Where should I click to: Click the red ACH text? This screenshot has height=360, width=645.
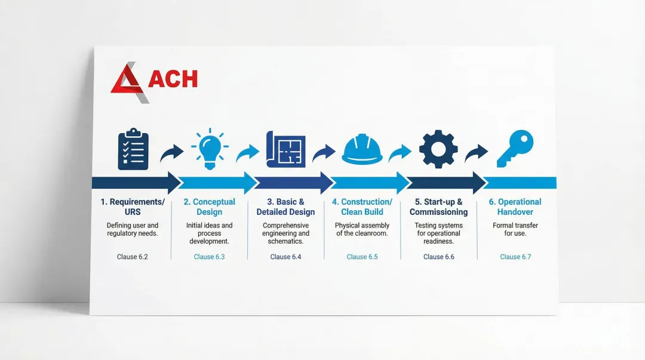tap(173, 79)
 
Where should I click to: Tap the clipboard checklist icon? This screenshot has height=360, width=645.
tap(133, 149)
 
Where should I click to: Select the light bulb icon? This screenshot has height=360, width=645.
tap(210, 149)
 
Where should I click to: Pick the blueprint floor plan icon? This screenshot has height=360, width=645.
tap(286, 149)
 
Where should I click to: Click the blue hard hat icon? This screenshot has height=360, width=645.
tap(362, 149)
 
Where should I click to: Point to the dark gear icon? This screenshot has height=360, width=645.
tap(438, 149)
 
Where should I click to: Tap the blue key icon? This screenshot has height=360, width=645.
tap(515, 149)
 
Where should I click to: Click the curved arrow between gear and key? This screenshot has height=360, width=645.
tap(476, 153)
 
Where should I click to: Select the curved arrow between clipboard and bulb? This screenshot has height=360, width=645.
tap(171, 153)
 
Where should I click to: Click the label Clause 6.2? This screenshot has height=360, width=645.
tap(133, 257)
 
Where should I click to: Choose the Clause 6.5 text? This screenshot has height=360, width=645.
tap(362, 257)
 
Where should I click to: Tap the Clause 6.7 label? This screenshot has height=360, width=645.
tap(515, 257)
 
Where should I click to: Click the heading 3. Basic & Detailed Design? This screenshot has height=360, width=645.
tap(286, 207)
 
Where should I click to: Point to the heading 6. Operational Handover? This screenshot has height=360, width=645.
tap(515, 207)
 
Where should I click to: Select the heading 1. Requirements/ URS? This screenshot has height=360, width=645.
tap(133, 207)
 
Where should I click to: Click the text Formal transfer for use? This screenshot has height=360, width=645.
tap(515, 229)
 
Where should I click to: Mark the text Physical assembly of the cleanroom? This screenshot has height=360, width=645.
tap(362, 229)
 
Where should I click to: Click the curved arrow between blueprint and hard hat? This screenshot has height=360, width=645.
tap(324, 153)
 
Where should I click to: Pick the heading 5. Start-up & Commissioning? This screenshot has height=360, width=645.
tap(438, 207)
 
